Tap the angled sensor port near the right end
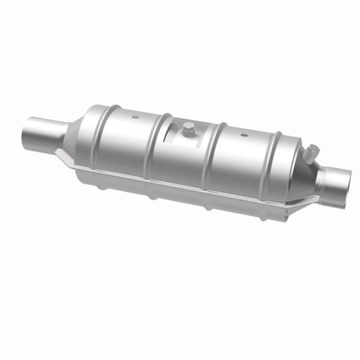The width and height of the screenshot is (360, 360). tap(311, 154)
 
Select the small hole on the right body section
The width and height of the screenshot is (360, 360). tap(244, 135)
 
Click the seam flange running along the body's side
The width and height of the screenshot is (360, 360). tap(180, 184)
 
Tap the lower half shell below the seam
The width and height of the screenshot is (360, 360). tap(180, 198)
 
